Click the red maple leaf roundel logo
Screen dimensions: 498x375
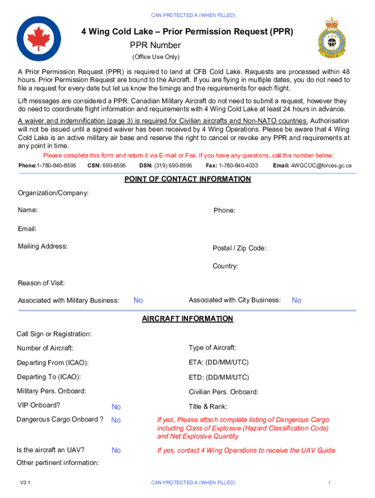coord(39,39)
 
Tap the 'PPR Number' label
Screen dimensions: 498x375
coord(155,46)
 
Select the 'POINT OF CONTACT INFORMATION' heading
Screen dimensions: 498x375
coord(187,179)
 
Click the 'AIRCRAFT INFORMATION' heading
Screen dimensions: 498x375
coord(187,319)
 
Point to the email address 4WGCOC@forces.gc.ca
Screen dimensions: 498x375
coord(321,166)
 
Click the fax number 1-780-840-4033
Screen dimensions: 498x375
coord(239,166)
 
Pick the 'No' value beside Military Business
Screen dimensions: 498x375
coord(138,301)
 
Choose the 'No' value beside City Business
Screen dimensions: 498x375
coord(296,301)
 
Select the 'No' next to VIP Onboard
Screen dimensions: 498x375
coord(116,407)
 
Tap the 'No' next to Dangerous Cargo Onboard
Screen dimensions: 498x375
coord(116,420)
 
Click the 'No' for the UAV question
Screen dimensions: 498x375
coord(116,451)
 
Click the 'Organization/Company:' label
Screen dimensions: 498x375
coord(53,194)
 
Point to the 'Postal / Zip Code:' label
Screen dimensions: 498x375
coord(239,249)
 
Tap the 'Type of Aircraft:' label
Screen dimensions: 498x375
coord(212,348)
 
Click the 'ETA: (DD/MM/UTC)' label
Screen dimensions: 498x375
coord(219,363)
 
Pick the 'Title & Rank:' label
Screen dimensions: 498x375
coord(208,407)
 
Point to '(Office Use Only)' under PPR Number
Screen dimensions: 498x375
coord(156,57)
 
